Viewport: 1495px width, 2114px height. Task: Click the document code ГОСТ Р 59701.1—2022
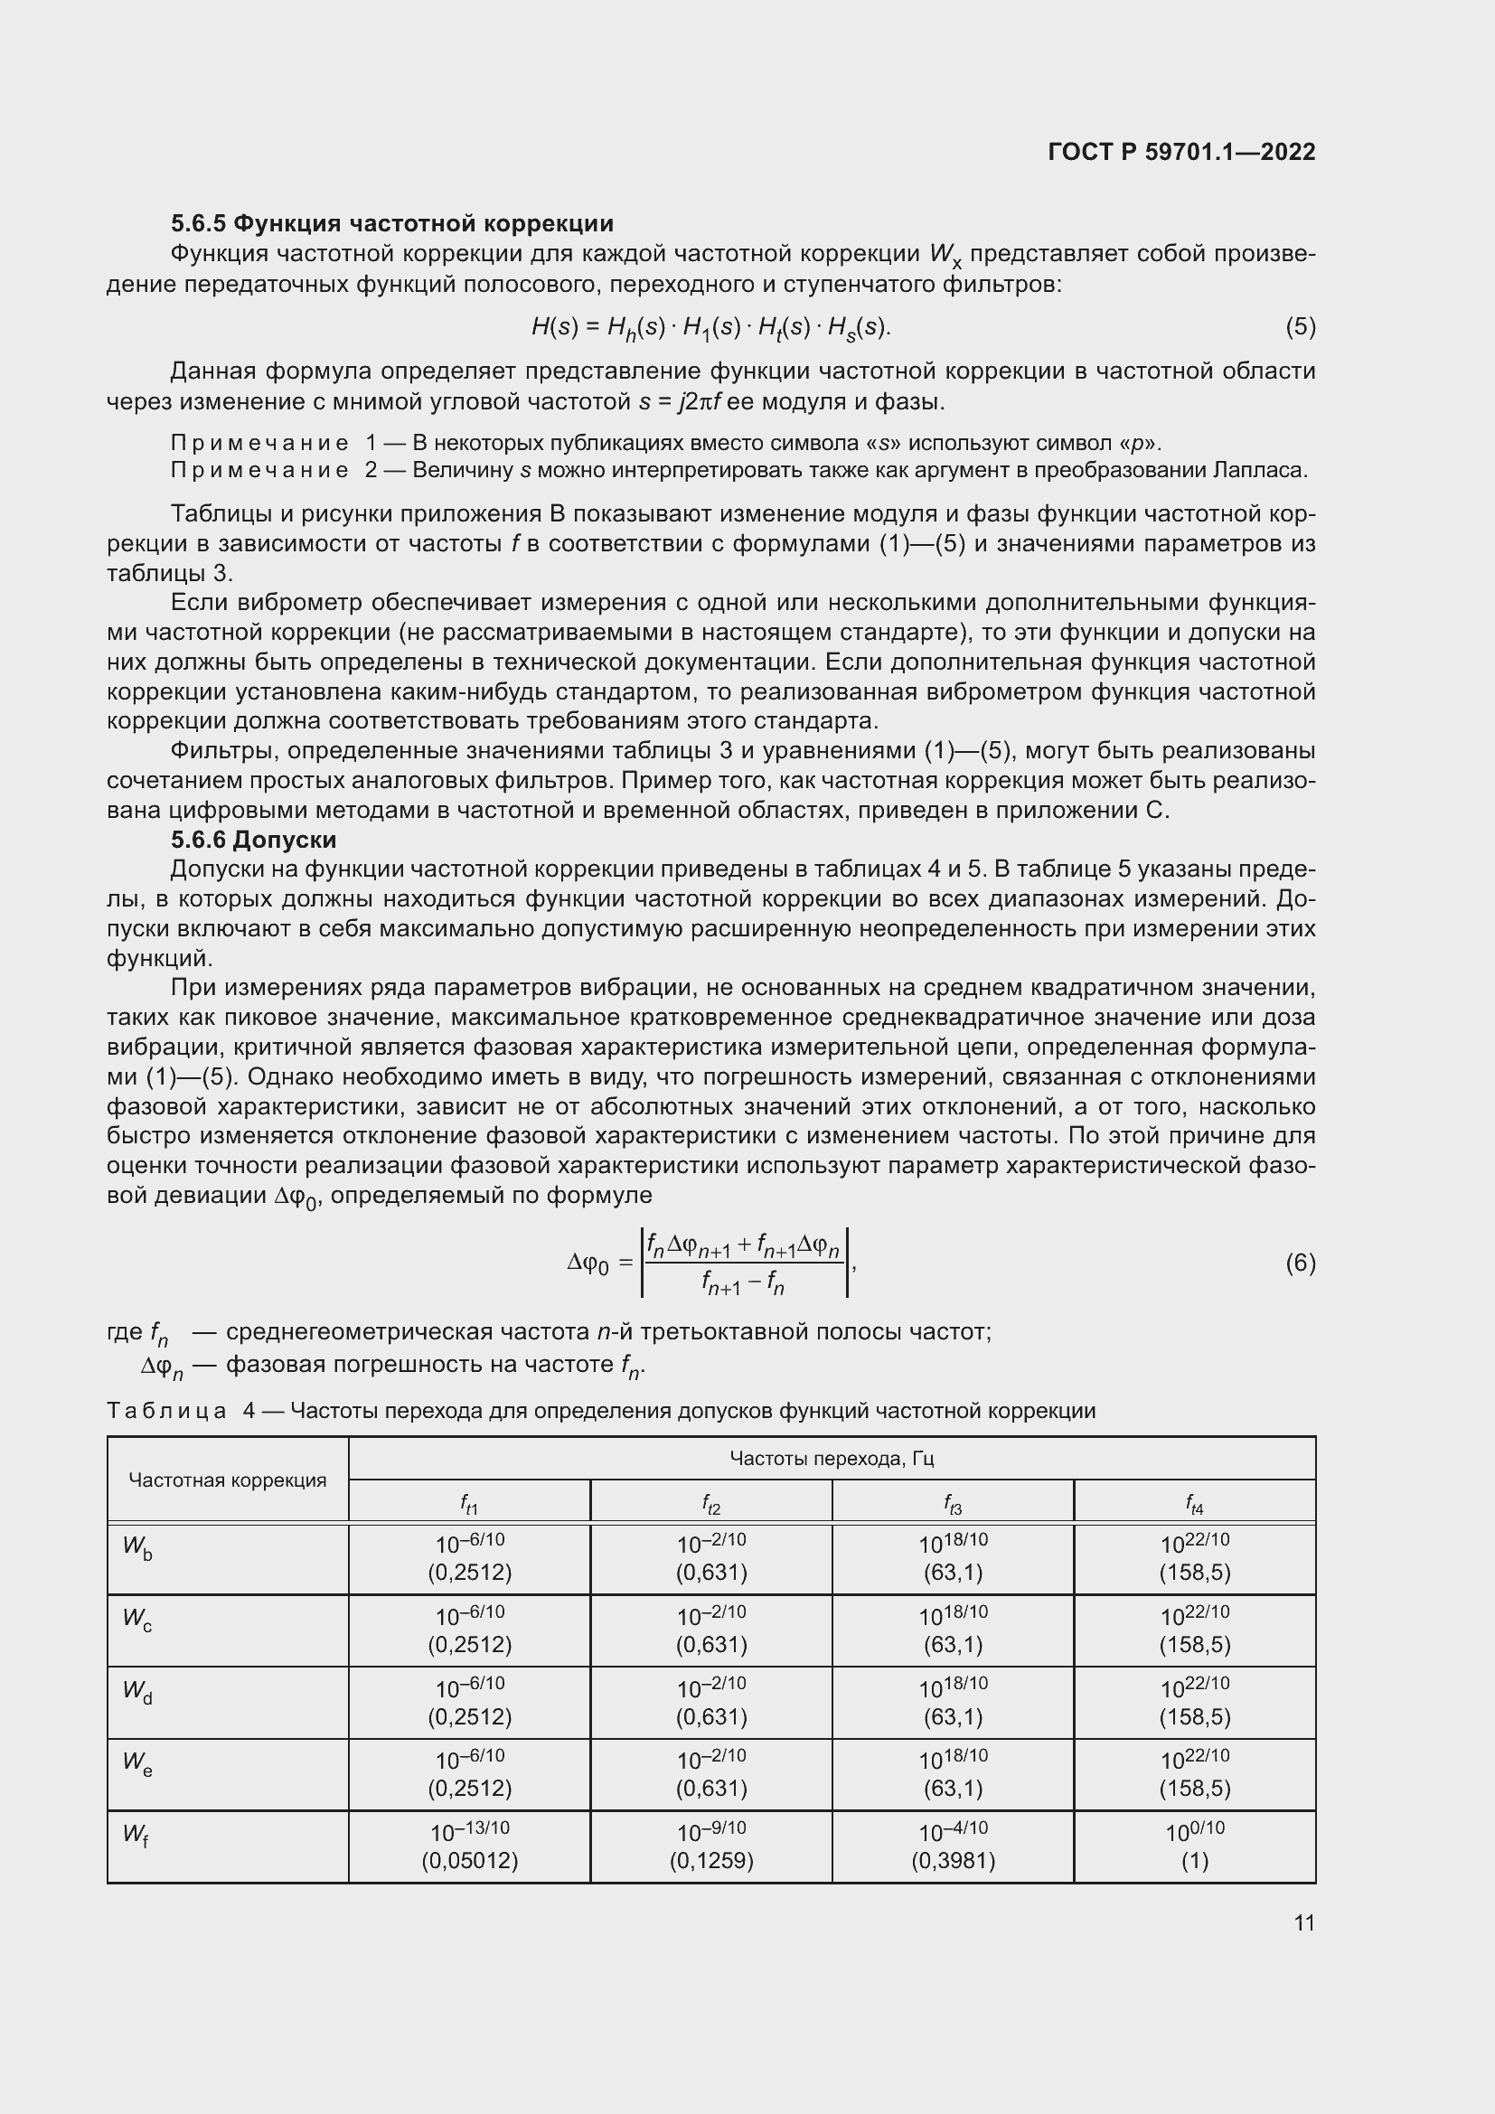[1181, 152]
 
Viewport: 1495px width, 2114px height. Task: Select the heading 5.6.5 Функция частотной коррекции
[392, 224]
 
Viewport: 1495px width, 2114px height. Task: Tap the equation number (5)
[1300, 327]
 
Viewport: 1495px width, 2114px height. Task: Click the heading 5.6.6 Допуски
[253, 840]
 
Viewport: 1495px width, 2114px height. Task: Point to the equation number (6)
[1300, 1263]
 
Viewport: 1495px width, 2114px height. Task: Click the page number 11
[1303, 1922]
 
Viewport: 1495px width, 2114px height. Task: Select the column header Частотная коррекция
[228, 1480]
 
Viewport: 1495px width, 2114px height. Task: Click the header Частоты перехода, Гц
[832, 1458]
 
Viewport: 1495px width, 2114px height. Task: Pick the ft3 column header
[953, 1506]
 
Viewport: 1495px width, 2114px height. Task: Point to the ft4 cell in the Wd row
[1194, 1702]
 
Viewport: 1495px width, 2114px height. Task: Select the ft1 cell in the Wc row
[469, 1630]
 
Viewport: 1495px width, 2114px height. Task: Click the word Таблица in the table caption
[166, 1411]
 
